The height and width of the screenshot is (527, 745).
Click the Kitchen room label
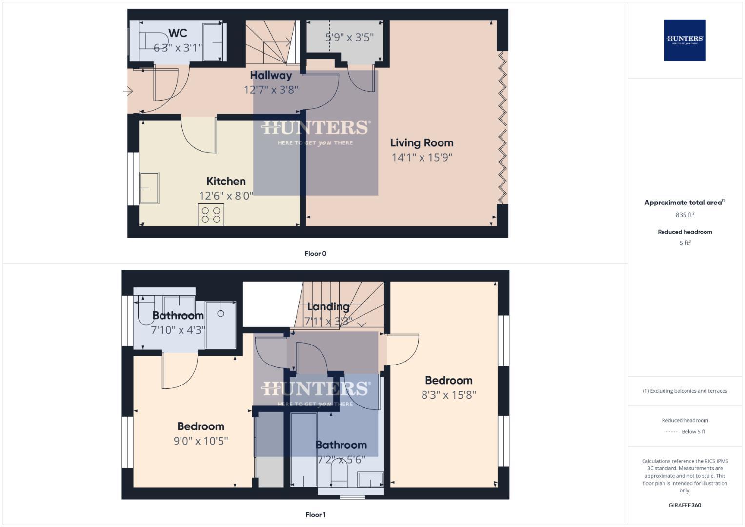[226, 181]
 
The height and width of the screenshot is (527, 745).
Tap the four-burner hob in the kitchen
[211, 215]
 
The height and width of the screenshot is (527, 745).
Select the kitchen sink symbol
[149, 188]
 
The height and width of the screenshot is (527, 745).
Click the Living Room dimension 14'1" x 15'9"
[422, 157]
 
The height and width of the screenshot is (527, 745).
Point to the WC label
[178, 33]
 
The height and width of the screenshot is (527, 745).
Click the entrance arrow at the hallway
[128, 91]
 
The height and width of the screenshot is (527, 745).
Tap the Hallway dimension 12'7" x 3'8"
[271, 90]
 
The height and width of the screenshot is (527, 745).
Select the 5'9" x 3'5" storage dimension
[349, 37]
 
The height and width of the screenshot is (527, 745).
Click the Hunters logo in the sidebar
[685, 40]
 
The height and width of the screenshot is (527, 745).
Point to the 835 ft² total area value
[685, 215]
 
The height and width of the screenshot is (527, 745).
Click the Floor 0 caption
[315, 254]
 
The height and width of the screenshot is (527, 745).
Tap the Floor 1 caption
[315, 515]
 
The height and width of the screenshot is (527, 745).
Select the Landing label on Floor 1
[328, 307]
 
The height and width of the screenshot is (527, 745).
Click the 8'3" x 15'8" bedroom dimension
[448, 395]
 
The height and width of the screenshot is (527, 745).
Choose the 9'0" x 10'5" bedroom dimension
[201, 441]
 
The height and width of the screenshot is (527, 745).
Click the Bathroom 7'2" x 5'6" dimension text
[341, 460]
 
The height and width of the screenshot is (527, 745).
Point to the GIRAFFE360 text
[685, 505]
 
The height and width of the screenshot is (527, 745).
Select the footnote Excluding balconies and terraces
[685, 391]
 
